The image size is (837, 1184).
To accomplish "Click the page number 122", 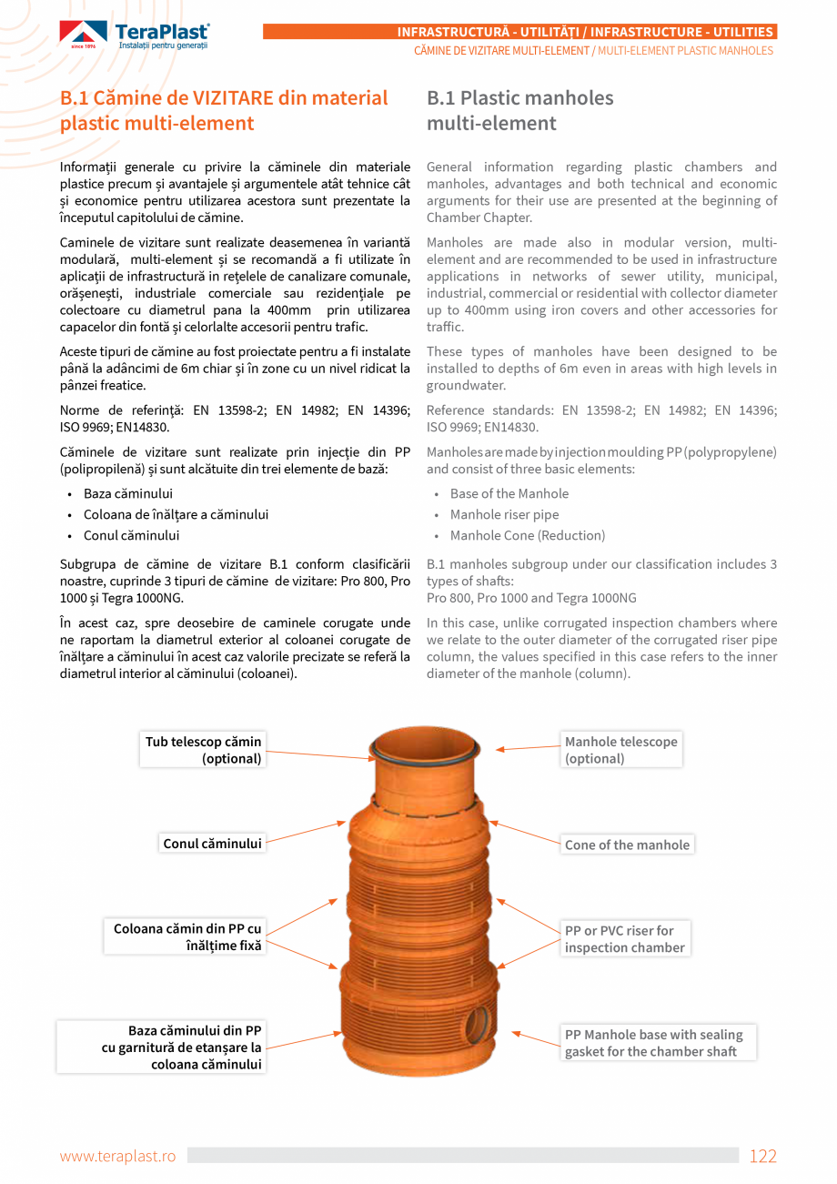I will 762,1156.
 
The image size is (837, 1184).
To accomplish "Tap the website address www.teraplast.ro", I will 117,1156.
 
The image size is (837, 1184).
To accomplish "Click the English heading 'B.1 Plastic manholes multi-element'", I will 519,110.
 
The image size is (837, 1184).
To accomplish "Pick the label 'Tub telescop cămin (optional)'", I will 203,750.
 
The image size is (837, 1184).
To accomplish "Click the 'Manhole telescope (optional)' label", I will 621,750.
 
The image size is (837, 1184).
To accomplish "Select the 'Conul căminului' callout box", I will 212,844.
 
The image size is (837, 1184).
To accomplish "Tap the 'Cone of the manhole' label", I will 627,845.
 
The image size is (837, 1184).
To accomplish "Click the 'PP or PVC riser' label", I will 624,938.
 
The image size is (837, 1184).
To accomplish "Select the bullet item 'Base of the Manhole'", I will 509,493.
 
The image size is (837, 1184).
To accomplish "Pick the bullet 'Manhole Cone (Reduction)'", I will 527,535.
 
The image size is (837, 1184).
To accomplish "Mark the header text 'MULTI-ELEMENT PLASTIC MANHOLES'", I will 685,51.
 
